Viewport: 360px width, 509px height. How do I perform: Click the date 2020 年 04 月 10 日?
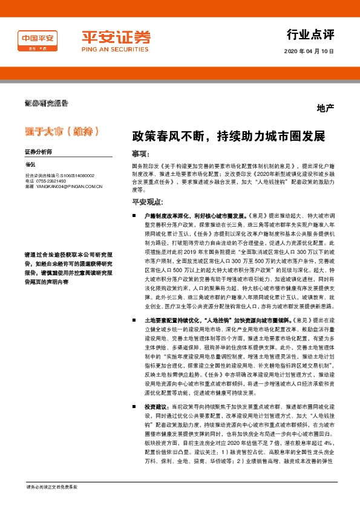[x=309, y=51]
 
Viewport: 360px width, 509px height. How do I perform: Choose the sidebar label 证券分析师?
[x=39, y=151]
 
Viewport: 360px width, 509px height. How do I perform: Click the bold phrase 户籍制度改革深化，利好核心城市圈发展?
[x=194, y=215]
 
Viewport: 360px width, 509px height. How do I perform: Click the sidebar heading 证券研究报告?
[x=45, y=103]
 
